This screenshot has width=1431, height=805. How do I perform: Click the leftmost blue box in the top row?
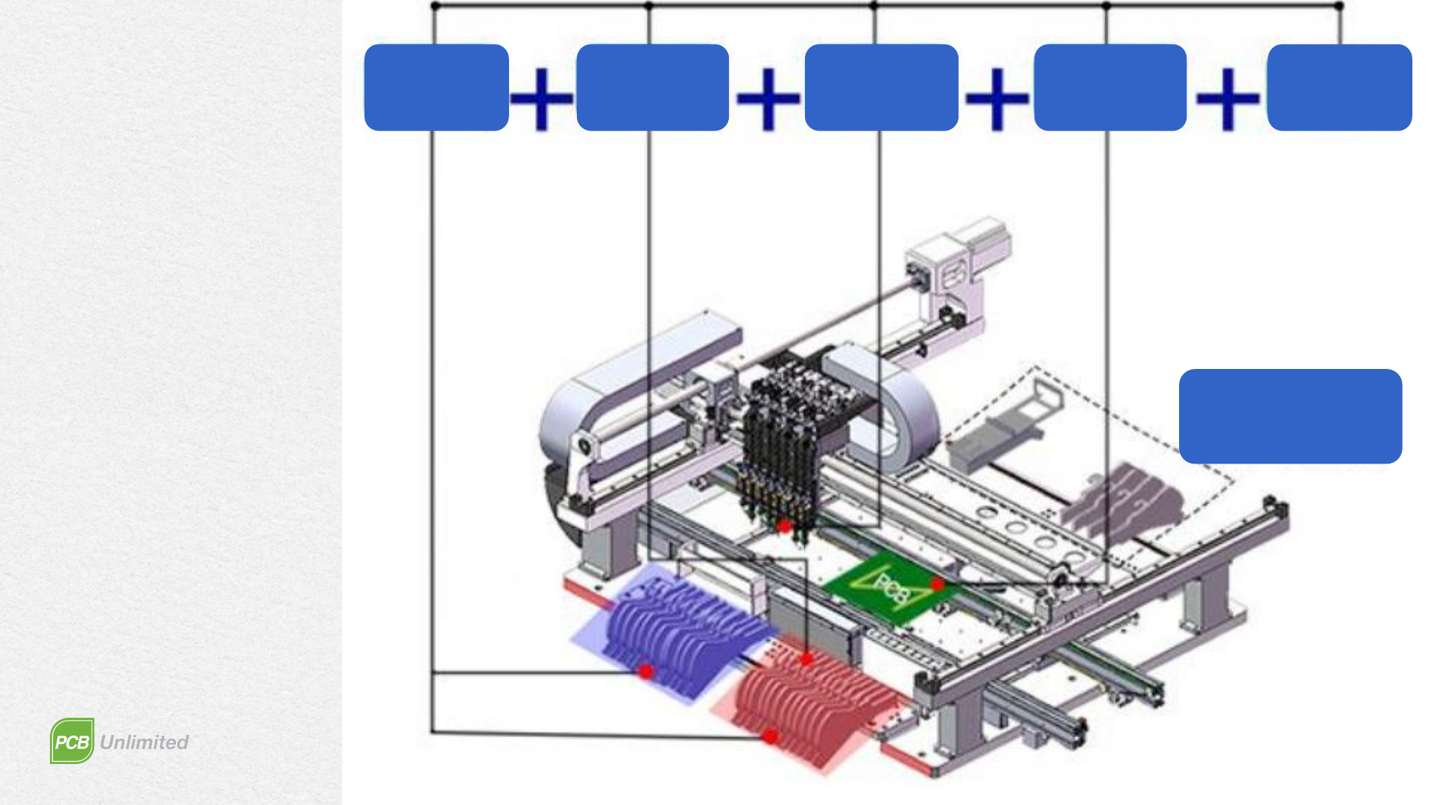(x=437, y=87)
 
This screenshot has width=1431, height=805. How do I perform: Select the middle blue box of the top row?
(x=882, y=87)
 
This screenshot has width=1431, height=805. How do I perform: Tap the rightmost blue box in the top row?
(x=1339, y=87)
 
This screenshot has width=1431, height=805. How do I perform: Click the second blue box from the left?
(x=653, y=87)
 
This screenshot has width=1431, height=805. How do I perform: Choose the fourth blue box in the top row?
(x=1111, y=87)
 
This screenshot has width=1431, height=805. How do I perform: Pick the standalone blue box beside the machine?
(x=1291, y=416)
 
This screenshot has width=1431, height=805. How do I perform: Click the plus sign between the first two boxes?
(x=543, y=98)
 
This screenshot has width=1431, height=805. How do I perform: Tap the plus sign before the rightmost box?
(x=1228, y=98)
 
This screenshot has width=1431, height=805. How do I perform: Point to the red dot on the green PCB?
(x=938, y=585)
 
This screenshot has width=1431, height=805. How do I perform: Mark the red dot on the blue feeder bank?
(x=646, y=672)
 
